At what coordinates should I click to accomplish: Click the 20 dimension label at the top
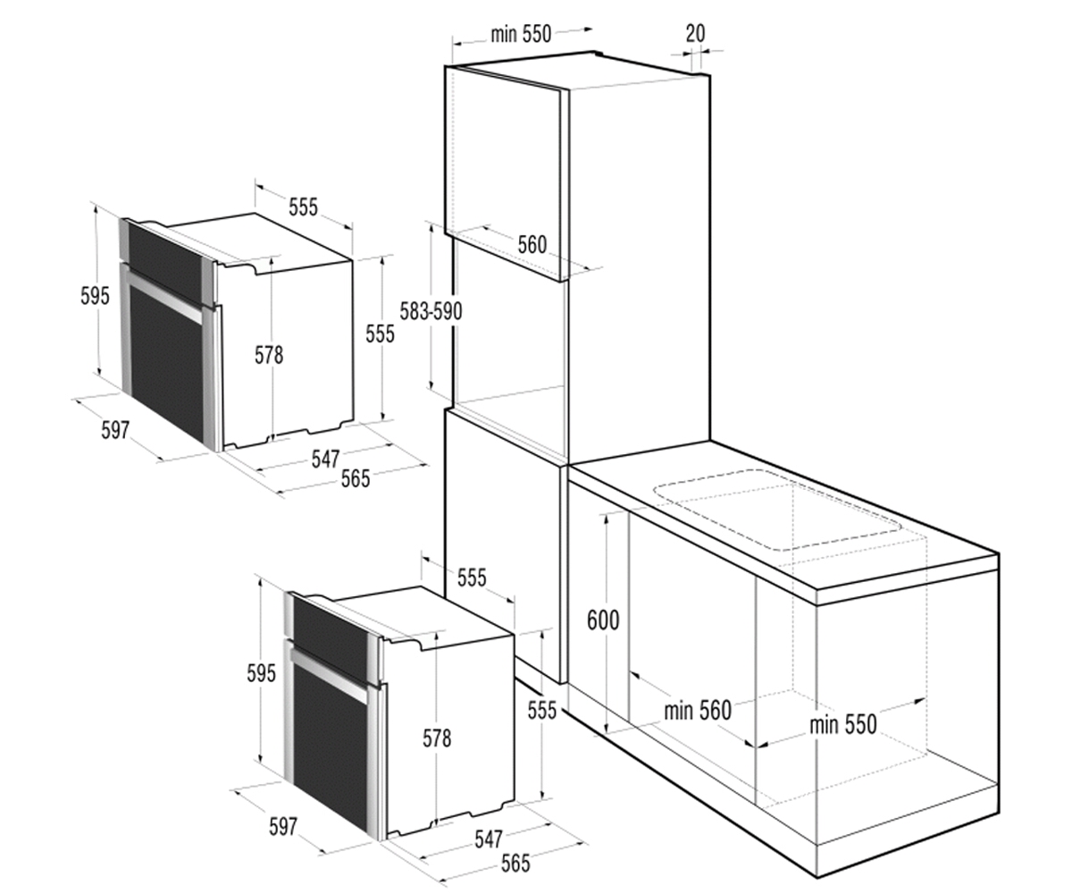coord(695,33)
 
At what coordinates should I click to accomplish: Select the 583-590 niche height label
coord(431,311)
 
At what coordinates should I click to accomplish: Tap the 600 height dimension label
coord(603,620)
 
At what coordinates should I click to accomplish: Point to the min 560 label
coord(697,711)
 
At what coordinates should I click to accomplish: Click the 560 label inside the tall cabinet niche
coord(532,245)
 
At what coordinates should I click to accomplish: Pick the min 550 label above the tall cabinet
coord(521,35)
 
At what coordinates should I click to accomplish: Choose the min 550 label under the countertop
coord(843,724)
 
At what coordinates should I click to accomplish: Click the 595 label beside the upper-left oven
coord(95,296)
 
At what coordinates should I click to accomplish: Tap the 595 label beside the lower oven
coord(262,673)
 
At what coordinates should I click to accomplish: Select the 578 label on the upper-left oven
coord(269,355)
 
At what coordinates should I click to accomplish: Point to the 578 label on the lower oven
coord(437,738)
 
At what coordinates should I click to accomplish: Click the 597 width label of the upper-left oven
coord(115,429)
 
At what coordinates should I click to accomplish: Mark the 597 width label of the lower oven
coord(283,827)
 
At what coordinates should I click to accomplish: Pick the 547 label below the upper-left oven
coord(325,459)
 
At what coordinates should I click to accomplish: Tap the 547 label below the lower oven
coord(489,839)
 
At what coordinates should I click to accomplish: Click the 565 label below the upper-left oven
coord(356,479)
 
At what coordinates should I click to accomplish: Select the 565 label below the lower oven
coord(515,864)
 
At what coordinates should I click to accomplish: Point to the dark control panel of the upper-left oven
coord(164,260)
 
